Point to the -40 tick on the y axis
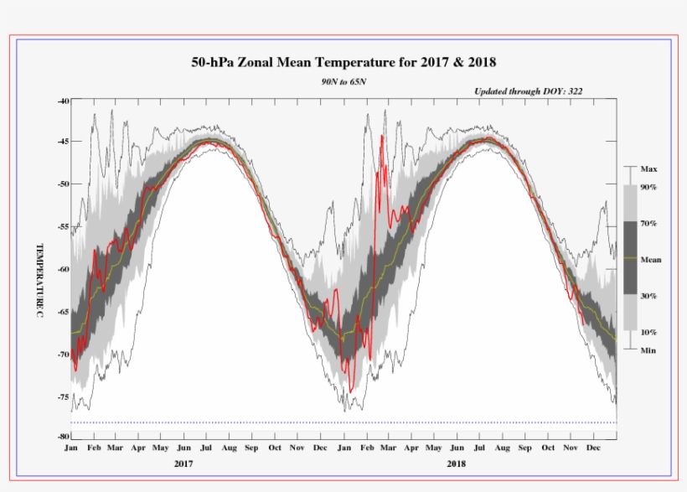click(64, 101)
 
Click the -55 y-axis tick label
click(64, 227)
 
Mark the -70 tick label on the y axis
click(64, 354)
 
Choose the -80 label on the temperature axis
click(64, 437)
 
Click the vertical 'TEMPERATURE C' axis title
click(39, 280)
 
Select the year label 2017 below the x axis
click(184, 464)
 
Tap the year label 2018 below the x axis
click(457, 464)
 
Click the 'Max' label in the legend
click(648, 168)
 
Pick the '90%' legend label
click(648, 187)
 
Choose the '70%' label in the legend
click(648, 224)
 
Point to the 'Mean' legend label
click(650, 260)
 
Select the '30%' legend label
click(648, 296)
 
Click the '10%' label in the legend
click(648, 333)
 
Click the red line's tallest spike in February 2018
click(381, 136)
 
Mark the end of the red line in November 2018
click(583, 324)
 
